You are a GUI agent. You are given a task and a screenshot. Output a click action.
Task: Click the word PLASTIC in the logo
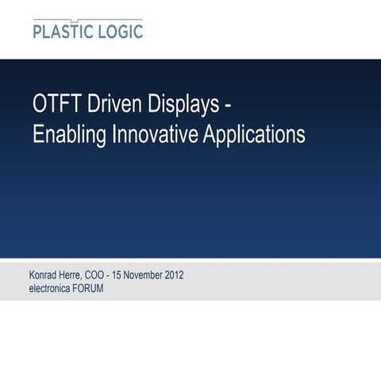point(64,32)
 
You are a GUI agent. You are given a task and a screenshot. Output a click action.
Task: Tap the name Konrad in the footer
point(44,275)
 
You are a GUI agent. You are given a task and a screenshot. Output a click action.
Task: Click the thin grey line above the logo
point(87,19)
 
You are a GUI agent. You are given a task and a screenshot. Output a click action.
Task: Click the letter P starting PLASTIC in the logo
point(38,32)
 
